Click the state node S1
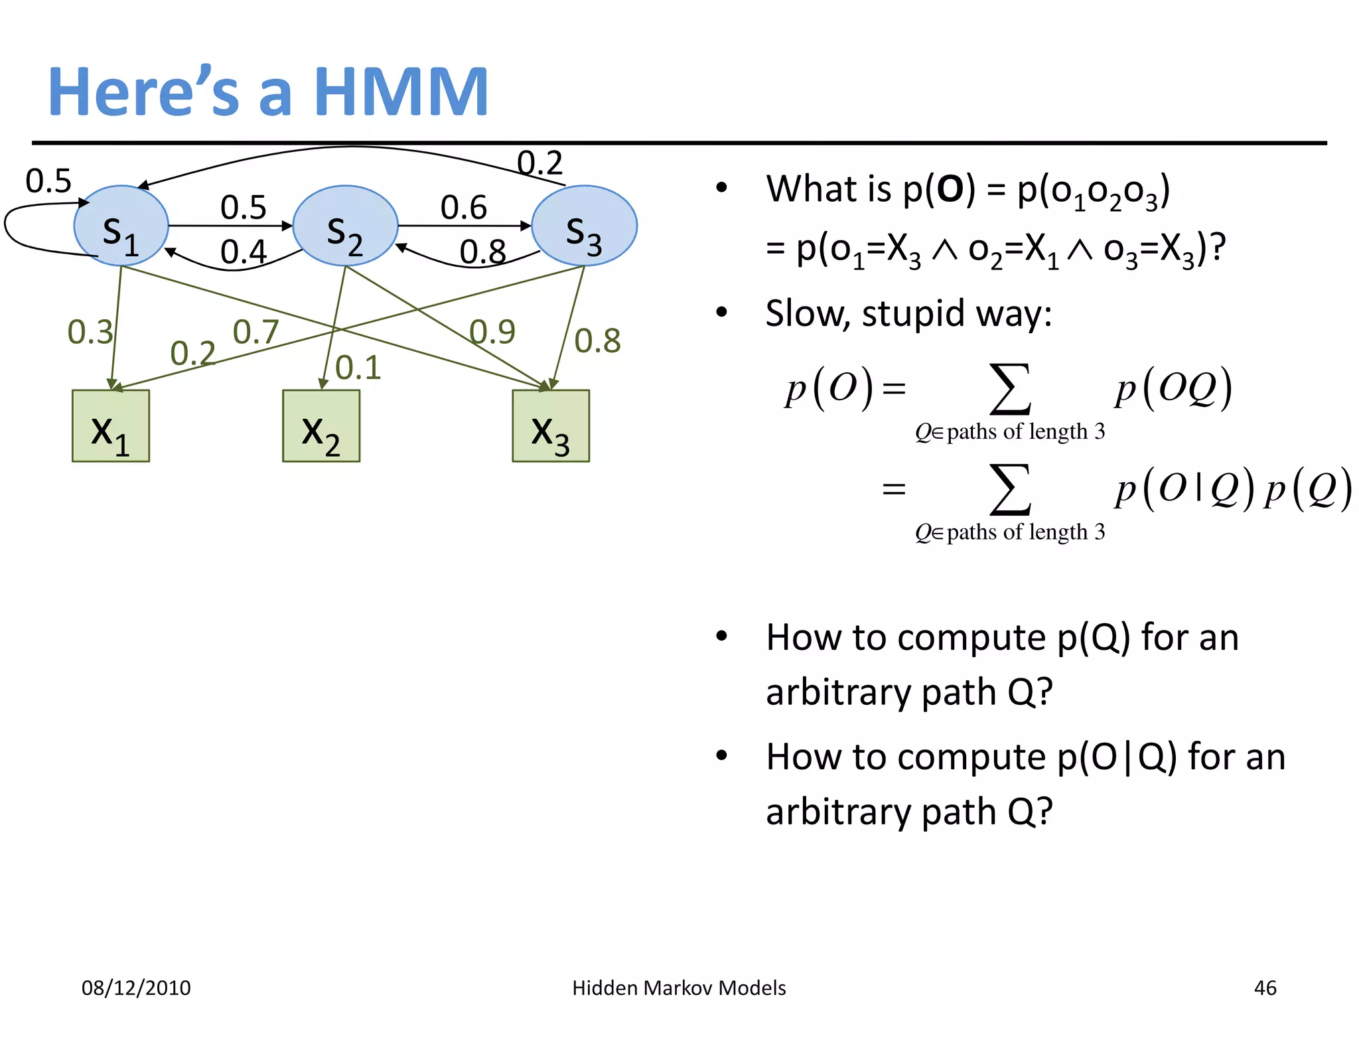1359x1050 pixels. click(121, 226)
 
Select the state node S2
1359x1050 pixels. click(345, 226)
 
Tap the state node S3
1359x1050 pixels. click(584, 226)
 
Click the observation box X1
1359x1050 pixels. click(111, 426)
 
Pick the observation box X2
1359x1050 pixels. click(321, 426)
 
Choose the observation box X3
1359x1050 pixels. click(551, 426)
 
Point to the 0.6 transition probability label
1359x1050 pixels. click(464, 208)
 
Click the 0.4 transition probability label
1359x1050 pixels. click(244, 252)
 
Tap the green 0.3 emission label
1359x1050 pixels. click(90, 332)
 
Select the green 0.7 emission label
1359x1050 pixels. click(255, 332)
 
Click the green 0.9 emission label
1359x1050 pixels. click(492, 332)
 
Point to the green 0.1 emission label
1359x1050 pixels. click(358, 368)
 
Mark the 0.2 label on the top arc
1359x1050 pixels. click(539, 163)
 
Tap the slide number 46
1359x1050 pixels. click(1265, 988)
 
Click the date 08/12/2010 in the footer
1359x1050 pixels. click(136, 988)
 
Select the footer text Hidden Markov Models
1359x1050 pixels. click(679, 988)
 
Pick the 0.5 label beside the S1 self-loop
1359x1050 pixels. click(48, 181)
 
